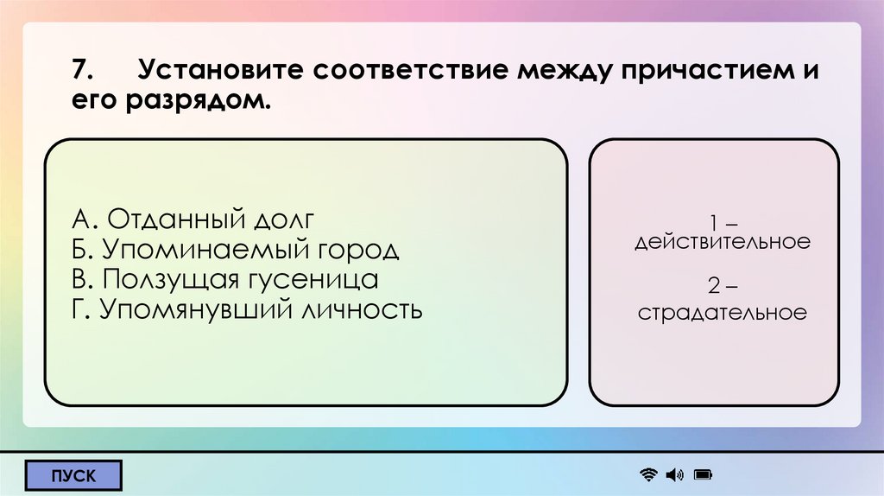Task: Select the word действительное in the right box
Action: click(723, 242)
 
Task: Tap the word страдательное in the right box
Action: click(723, 312)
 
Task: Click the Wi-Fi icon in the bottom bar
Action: click(648, 474)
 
